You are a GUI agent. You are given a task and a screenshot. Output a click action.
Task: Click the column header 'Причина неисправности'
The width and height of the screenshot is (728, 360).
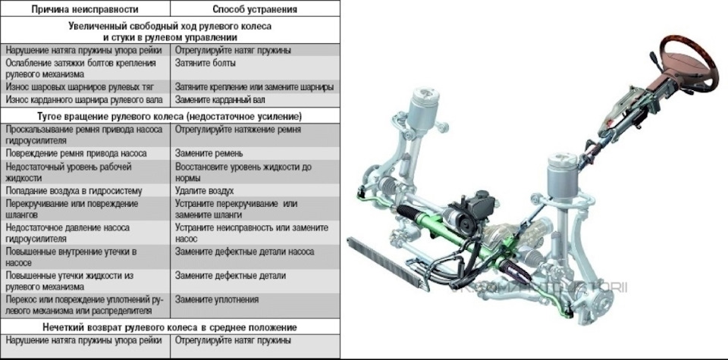pyautogui.click(x=85, y=9)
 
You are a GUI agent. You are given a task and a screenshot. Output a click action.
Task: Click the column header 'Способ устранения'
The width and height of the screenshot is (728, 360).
pyautogui.click(x=255, y=9)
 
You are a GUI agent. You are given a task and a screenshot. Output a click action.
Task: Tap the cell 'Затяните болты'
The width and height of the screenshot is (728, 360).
pyautogui.click(x=206, y=63)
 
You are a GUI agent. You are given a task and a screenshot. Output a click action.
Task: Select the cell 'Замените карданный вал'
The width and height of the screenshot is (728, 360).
pyautogui.click(x=220, y=100)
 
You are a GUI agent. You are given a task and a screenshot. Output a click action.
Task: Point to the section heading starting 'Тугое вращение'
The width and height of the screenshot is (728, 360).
pyautogui.click(x=169, y=116)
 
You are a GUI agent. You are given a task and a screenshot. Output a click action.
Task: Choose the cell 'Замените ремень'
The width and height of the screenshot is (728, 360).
pyautogui.click(x=209, y=153)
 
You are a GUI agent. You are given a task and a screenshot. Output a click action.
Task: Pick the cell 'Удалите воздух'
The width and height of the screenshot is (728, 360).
pyautogui.click(x=204, y=191)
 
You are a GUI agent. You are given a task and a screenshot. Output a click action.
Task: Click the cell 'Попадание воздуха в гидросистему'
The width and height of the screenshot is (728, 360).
pyautogui.click(x=74, y=191)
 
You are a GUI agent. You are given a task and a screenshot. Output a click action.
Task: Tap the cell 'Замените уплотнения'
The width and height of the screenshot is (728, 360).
pyautogui.click(x=217, y=299)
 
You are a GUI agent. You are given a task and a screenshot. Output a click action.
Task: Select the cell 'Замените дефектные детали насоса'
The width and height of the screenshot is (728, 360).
pyautogui.click(x=245, y=252)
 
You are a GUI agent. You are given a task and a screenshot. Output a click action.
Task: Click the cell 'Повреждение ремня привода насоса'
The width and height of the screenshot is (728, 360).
pyautogui.click(x=76, y=153)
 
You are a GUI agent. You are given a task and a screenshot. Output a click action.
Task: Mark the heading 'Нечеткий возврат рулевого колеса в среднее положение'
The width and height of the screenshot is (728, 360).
pyautogui.click(x=170, y=327)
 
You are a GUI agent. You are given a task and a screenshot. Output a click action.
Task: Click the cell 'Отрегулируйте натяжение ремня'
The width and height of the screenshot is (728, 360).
pyautogui.click(x=238, y=130)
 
